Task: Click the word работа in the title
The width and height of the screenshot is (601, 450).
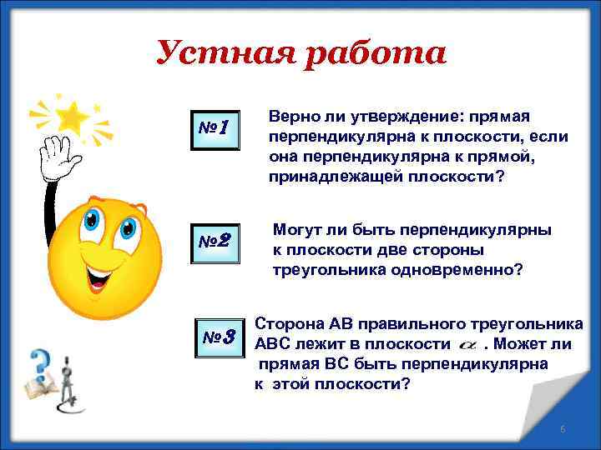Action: pyautogui.click(x=366, y=55)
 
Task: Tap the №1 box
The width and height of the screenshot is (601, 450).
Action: pyautogui.click(x=215, y=127)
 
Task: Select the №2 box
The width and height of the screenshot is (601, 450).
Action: pyautogui.click(x=215, y=243)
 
